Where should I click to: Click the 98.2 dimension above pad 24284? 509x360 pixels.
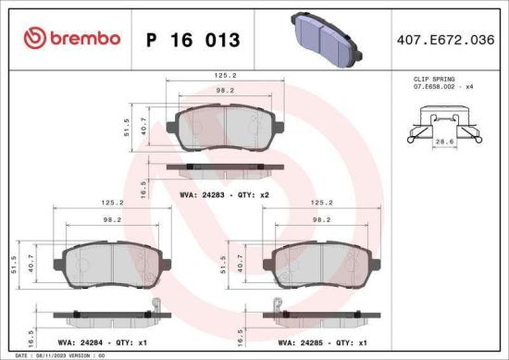point(111,220)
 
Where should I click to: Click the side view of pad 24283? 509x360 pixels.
point(225,168)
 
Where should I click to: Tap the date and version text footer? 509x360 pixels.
point(56,354)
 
